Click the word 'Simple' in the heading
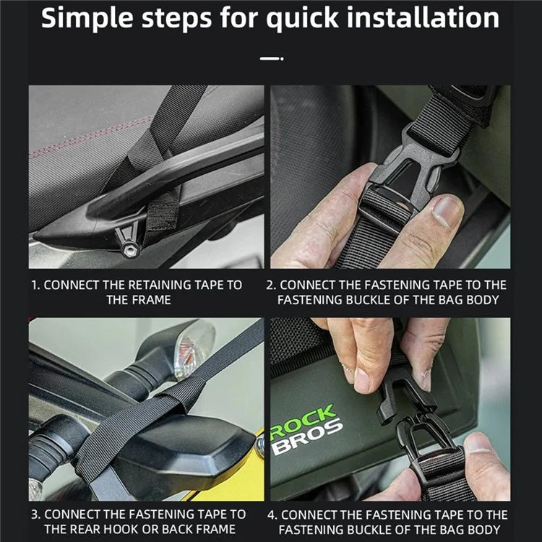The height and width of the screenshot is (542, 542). point(87,18)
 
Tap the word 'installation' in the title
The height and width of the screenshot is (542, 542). point(423,17)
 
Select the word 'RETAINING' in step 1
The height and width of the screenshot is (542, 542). point(158,285)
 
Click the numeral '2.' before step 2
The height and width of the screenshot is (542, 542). point(271,285)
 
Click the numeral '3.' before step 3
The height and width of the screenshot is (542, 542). point(36,515)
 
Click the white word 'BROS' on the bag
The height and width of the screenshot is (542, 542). point(307,437)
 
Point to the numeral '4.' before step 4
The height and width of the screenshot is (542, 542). point(272,515)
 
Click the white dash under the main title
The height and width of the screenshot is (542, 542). point(272,59)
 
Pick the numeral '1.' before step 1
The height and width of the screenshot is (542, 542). point(35,285)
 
